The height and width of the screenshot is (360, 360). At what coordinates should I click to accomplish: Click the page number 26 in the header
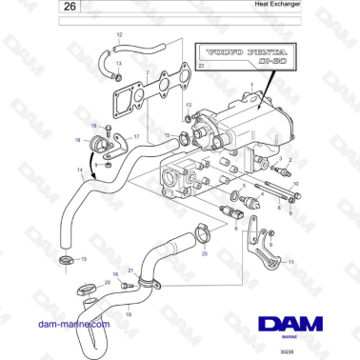point(20,9)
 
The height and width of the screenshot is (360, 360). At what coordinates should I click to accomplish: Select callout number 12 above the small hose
point(120,34)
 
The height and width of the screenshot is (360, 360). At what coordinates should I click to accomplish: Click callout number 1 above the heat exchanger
point(250,86)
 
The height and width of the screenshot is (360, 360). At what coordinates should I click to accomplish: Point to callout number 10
point(297,182)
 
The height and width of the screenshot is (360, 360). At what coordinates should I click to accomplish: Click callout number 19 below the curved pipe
point(129,312)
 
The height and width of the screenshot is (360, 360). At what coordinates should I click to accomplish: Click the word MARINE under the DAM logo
point(294,334)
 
